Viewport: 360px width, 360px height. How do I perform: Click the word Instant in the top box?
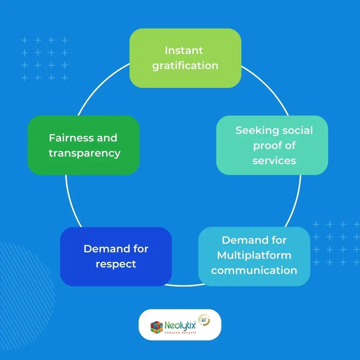(x=184, y=50)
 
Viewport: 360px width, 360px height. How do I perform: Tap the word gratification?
(x=185, y=66)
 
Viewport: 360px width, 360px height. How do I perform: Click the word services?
(x=274, y=161)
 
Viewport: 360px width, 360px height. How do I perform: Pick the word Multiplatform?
(x=254, y=255)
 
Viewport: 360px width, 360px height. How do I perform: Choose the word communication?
(x=254, y=270)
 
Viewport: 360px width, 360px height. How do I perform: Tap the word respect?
(x=116, y=264)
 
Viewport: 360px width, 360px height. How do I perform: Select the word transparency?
(x=85, y=153)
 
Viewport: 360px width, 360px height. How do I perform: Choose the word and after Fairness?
(x=107, y=138)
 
